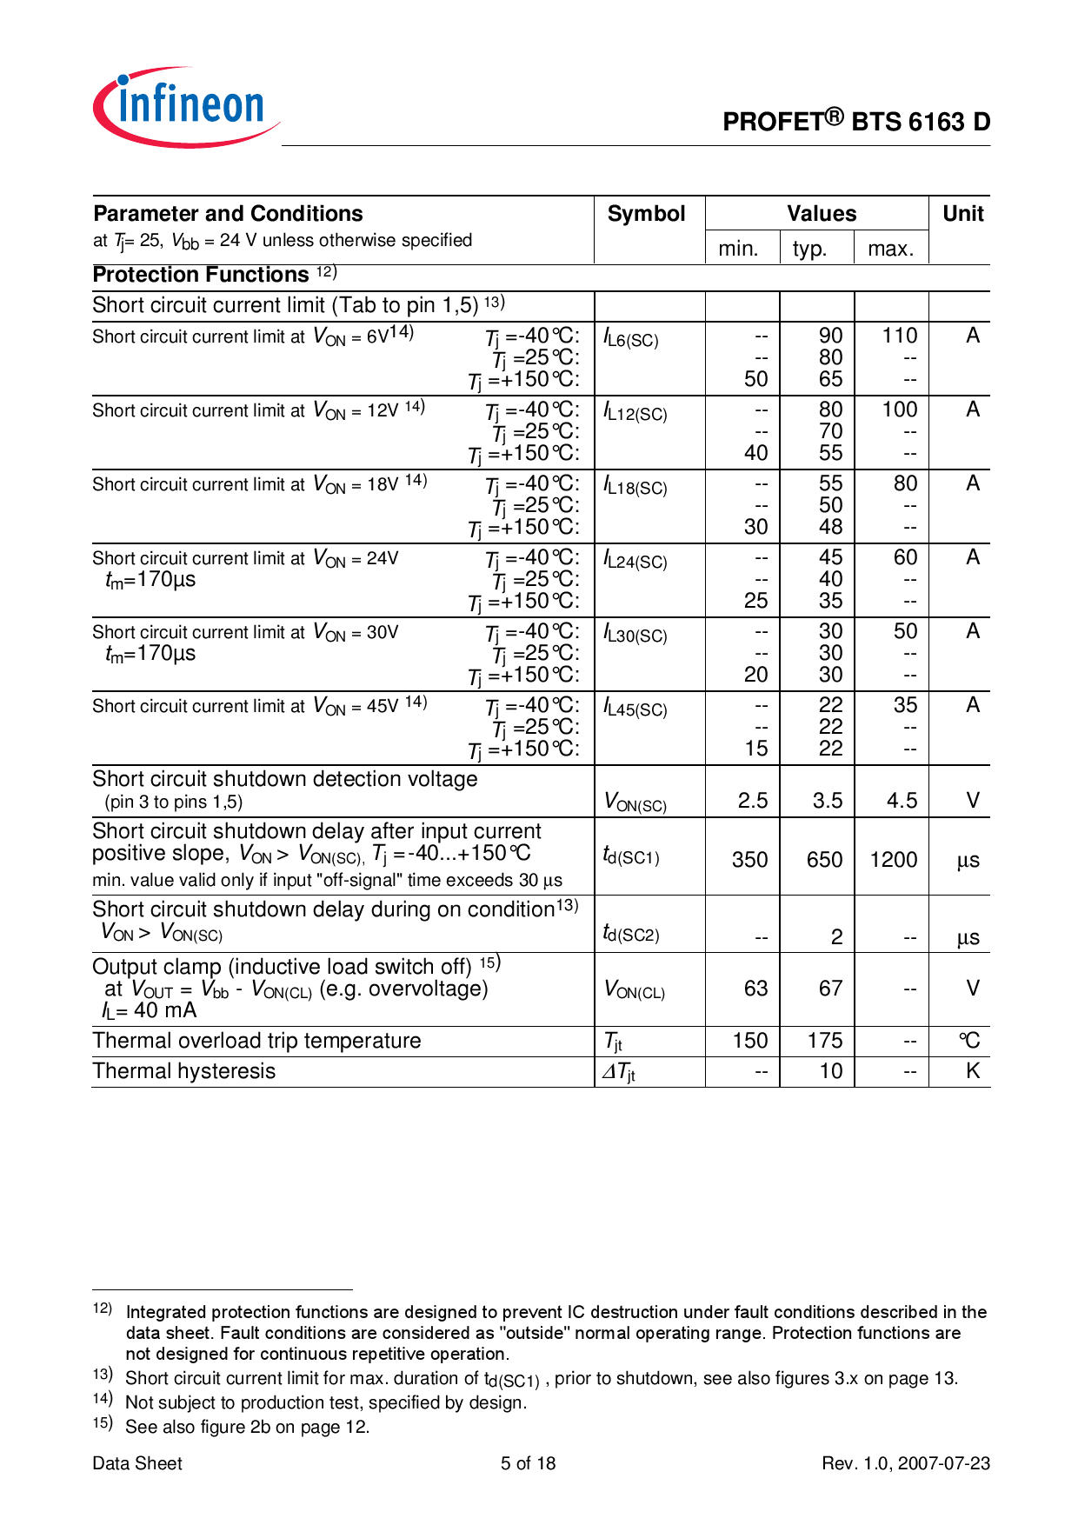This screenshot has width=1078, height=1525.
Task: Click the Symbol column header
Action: (x=646, y=214)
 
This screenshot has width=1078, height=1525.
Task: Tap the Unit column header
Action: (x=962, y=214)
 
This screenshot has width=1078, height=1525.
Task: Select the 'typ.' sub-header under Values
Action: (x=809, y=250)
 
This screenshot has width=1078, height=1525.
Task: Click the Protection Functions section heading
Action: (x=201, y=276)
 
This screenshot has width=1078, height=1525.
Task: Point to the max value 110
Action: (x=899, y=336)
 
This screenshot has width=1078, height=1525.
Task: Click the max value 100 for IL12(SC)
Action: (x=899, y=410)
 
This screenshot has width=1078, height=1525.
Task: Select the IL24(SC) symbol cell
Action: (x=635, y=561)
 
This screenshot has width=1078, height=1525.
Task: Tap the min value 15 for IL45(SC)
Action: (x=755, y=749)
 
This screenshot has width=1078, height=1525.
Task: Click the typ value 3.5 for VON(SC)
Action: (x=827, y=801)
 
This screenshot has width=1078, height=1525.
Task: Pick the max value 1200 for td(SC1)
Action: (x=893, y=860)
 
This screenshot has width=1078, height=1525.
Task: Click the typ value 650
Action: (x=824, y=860)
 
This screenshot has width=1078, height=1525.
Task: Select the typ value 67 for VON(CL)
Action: (x=830, y=989)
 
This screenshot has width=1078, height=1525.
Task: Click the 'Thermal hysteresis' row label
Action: (x=184, y=1071)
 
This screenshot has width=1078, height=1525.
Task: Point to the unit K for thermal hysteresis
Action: (x=972, y=1071)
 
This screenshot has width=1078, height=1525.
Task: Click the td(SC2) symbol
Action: (x=631, y=935)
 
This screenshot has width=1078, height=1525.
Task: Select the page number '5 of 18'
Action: (x=528, y=1463)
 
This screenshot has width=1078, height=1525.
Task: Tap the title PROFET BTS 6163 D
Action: (x=856, y=122)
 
